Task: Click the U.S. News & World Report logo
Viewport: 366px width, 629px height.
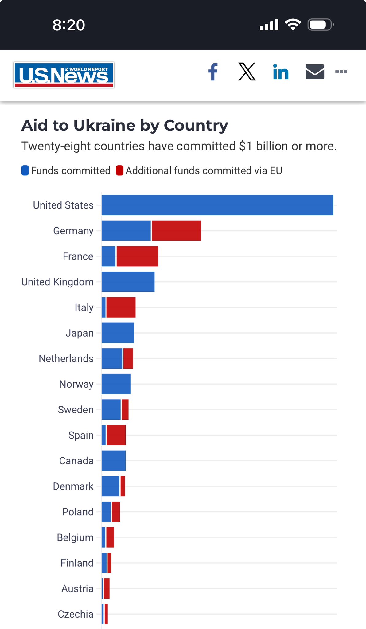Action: pos(64,75)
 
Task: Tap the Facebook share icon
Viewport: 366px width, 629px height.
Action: pos(213,72)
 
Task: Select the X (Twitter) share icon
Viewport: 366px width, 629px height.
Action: pos(247,72)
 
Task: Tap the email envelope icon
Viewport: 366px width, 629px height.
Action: pos(315,72)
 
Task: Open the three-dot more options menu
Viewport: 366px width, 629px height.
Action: pos(341,72)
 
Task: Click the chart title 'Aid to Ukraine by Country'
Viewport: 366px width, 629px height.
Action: pos(125,125)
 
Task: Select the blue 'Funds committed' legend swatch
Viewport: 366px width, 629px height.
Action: pos(25,170)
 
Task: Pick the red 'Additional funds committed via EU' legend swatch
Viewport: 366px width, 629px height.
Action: pos(119,170)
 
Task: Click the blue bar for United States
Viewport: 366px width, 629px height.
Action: pos(217,205)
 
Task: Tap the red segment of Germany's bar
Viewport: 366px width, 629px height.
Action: pos(176,231)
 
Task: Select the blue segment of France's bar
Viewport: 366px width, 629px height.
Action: pos(108,256)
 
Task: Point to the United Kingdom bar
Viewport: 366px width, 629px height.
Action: pos(128,282)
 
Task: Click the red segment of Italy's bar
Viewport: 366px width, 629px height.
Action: pos(121,307)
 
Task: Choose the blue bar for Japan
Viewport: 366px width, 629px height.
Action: pos(118,333)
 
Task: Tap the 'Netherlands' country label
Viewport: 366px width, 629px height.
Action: pos(66,358)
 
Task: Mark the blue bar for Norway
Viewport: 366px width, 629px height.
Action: pos(116,384)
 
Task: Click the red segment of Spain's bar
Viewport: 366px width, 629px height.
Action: pos(116,435)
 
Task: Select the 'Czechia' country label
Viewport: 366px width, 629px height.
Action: pos(76,614)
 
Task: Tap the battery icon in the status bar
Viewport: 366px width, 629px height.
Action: pos(320,25)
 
